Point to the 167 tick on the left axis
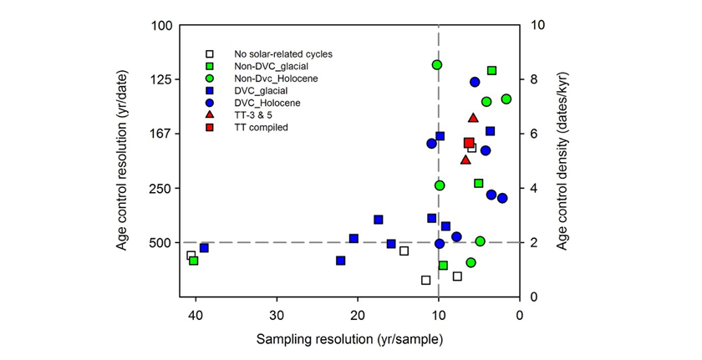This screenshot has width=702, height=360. point(161,134)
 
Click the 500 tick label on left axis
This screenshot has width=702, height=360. point(161,242)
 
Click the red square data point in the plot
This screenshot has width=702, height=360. point(469,143)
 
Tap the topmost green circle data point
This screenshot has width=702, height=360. point(436,64)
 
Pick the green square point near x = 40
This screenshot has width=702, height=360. point(194,261)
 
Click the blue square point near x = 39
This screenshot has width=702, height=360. point(204,248)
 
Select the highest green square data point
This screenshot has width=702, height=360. point(491,71)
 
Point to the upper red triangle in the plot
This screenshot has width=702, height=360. point(473,118)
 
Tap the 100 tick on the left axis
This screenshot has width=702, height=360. point(161,25)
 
